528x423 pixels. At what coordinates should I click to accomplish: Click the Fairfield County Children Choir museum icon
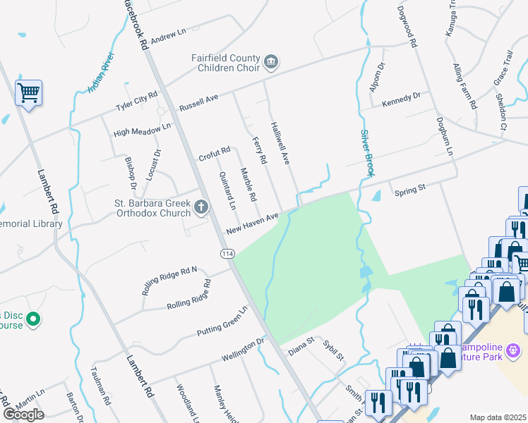(271, 63)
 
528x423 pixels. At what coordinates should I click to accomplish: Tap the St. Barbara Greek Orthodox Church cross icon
(201, 207)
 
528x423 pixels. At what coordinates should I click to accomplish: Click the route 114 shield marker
(227, 253)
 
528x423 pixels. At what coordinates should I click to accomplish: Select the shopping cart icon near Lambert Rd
(29, 92)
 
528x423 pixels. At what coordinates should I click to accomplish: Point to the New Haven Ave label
(253, 223)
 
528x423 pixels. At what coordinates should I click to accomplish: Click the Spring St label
(411, 190)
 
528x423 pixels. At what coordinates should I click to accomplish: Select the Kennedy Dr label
(401, 99)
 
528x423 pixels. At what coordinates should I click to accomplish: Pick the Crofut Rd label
(215, 152)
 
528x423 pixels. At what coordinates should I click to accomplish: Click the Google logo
(23, 415)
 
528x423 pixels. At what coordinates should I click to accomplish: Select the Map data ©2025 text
(498, 417)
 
